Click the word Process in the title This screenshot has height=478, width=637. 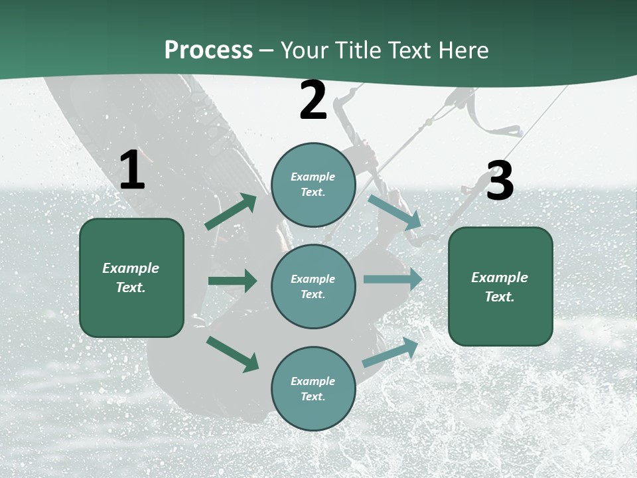tap(208, 50)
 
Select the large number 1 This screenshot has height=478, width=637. tap(132, 171)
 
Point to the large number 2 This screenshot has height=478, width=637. tap(313, 101)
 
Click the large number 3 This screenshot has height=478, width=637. tap(500, 181)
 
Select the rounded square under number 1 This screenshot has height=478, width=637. tap(131, 278)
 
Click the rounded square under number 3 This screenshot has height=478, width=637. tap(500, 287)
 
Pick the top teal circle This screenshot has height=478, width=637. tap(313, 185)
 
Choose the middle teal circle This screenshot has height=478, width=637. tap(313, 287)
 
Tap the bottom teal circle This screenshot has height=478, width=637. tap(313, 389)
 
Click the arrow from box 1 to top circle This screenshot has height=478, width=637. tap(231, 212)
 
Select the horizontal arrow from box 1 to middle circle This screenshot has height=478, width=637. tap(232, 281)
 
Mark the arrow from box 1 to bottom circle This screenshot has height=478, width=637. tap(232, 354)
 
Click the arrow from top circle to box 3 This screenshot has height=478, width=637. tap(394, 212)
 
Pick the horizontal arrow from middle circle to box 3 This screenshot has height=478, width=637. tap(392, 279)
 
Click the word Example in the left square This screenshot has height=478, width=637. tap(131, 268)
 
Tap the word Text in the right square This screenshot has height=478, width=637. tap(498, 297)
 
